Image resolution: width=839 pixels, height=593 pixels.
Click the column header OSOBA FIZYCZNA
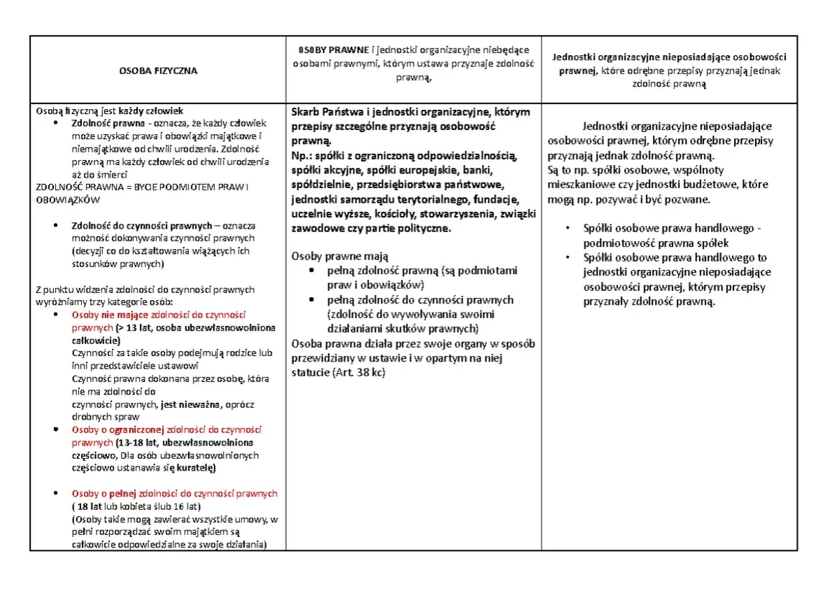[x=157, y=71]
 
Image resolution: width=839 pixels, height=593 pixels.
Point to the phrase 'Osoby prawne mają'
[x=339, y=256]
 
